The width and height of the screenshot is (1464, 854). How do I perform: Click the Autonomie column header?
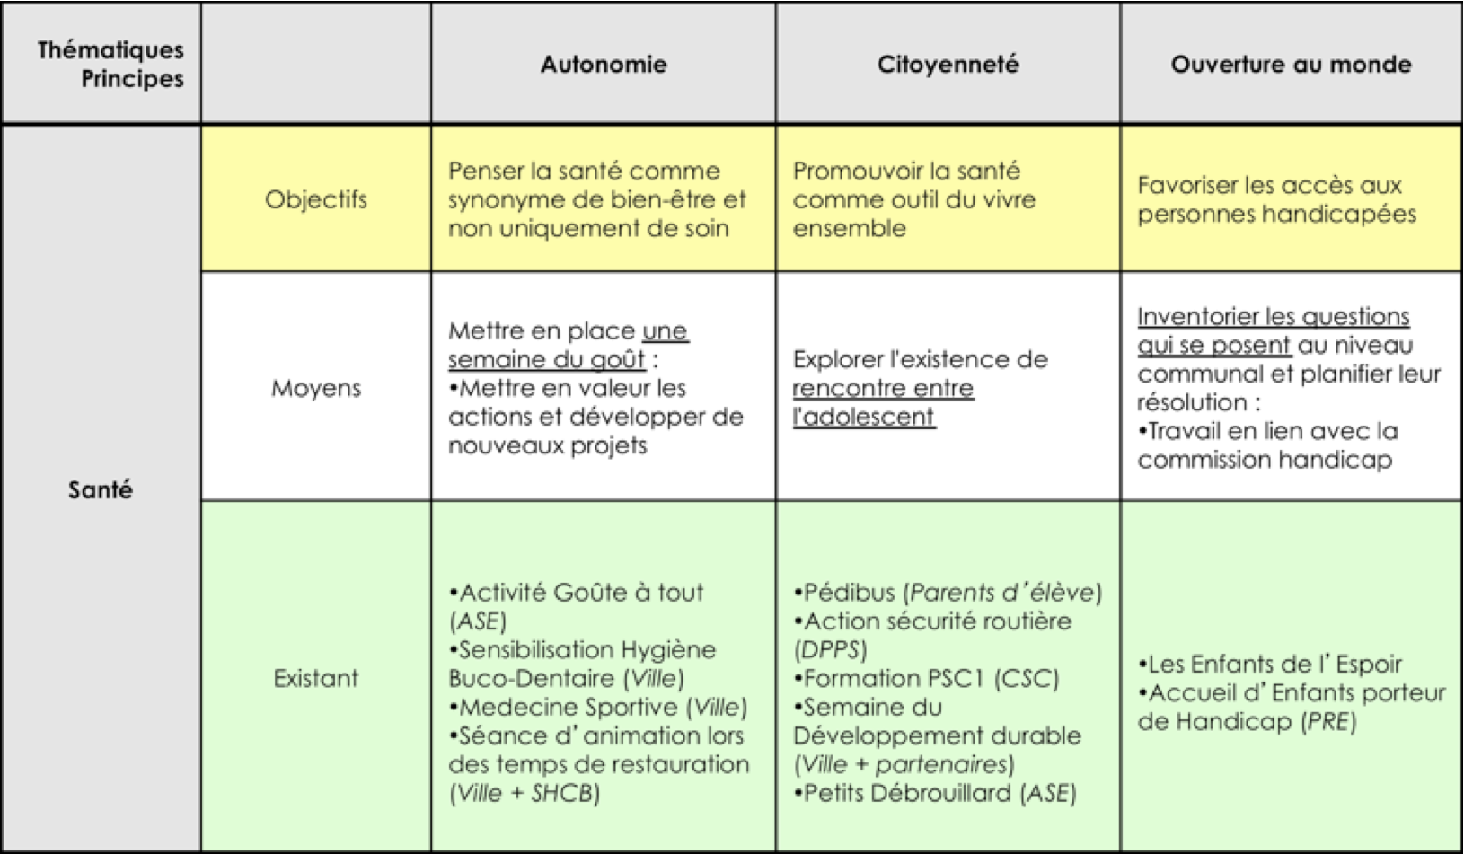[x=604, y=65]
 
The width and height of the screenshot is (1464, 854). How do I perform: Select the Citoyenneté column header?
[x=948, y=65]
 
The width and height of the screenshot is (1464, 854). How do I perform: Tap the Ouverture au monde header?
[x=1291, y=65]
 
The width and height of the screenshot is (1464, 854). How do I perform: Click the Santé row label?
[x=101, y=490]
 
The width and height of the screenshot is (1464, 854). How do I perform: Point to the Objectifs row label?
[x=316, y=199]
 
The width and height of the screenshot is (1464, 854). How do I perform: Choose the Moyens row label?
[x=316, y=389]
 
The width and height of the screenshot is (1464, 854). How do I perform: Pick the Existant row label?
[x=316, y=678]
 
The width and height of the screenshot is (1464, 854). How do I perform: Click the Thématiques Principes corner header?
[x=110, y=65]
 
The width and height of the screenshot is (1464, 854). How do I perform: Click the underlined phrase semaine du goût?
[x=546, y=360]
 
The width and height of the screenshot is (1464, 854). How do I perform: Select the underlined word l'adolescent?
[x=864, y=418]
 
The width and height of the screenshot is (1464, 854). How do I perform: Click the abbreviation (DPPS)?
[x=830, y=650]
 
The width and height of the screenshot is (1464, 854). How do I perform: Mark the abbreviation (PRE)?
[x=1328, y=722]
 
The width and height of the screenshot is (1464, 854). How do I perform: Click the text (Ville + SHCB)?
[x=524, y=794]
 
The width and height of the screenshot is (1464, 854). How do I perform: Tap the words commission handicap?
[x=1265, y=461]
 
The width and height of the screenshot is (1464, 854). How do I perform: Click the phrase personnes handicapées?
[x=1276, y=215]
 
